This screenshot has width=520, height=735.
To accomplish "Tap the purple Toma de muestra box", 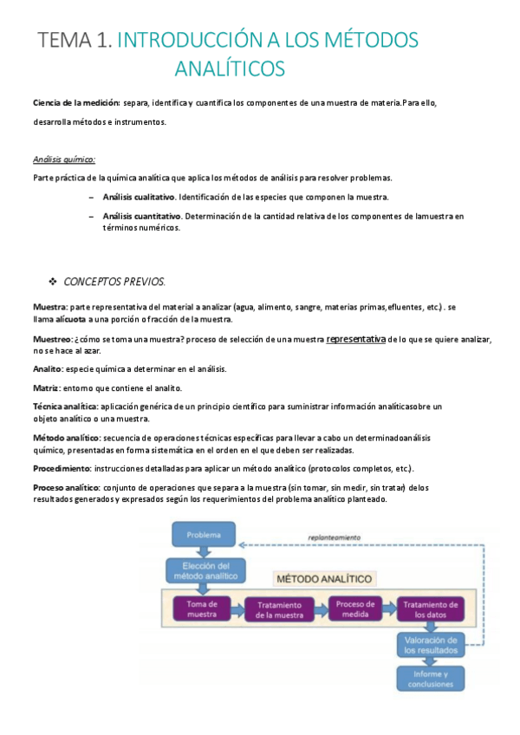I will [201, 608].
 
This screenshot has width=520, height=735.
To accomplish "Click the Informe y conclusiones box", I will [431, 678].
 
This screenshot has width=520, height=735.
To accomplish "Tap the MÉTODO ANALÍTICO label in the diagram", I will [323, 578].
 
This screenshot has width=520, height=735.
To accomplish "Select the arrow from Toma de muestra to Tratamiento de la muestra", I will [237, 609].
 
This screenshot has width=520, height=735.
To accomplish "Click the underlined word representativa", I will [355, 340].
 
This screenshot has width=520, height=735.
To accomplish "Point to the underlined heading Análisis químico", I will [64, 159].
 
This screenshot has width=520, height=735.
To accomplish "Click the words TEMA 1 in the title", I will [75, 40].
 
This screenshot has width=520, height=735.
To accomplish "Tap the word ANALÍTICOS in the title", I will [229, 68].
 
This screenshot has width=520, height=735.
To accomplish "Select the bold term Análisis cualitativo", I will [139, 197].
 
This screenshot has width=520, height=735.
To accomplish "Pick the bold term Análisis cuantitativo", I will [141, 215].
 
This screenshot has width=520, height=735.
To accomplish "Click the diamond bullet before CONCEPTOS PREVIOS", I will [52, 283].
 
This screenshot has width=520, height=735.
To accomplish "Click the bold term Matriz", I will [47, 387].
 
